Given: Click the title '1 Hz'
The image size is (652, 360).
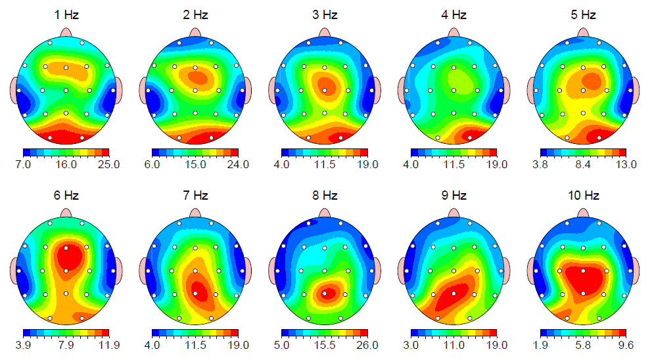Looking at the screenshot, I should tap(66, 14).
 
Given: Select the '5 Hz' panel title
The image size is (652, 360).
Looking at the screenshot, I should tap(584, 14).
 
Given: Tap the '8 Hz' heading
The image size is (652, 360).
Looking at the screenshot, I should tap(325, 196).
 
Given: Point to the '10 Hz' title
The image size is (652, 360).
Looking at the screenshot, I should tap(584, 196).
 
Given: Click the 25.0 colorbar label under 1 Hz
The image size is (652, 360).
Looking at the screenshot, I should tap(108, 165).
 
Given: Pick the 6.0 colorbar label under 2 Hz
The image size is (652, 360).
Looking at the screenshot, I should tap(152, 165).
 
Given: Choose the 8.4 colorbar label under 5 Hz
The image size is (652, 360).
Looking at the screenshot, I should tap(583, 165).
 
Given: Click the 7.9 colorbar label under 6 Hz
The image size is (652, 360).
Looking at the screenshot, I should tap(66, 345).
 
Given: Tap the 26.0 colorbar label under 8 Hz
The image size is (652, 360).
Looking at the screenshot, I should tap(367, 345).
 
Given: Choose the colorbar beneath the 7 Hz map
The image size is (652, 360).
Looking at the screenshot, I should tap(195, 333).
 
